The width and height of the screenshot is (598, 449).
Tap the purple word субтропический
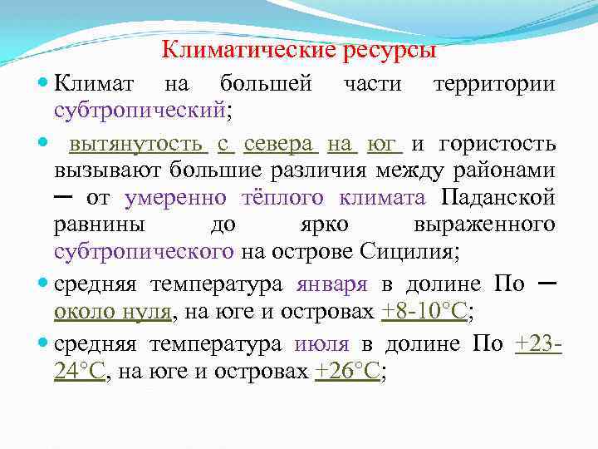pos(139,110)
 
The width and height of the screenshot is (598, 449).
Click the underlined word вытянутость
pos(138,145)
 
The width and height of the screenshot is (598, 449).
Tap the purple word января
pos(331,285)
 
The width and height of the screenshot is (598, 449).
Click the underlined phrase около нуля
pos(113,313)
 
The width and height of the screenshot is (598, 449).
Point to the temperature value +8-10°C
pos(424,313)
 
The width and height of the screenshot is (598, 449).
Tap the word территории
pos(495,84)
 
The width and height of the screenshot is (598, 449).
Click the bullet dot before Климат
pos(43,84)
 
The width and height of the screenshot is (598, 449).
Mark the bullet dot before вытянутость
pos(43,145)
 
